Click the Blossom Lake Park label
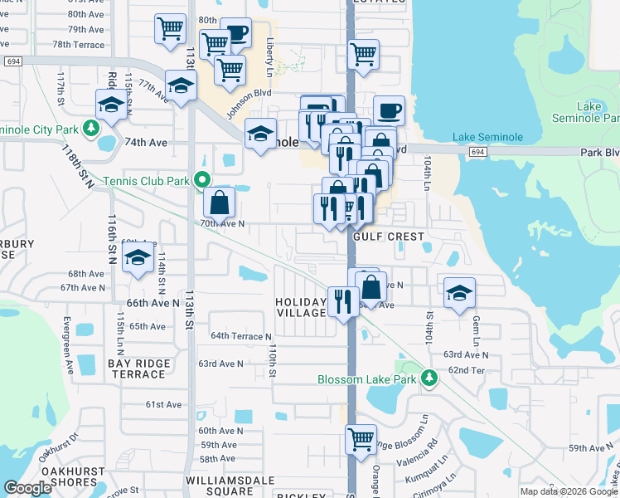click(x=369, y=379)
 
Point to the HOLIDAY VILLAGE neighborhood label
click(x=301, y=307)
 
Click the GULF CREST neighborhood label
click(x=388, y=237)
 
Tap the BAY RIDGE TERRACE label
click(x=138, y=369)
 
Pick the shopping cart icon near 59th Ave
click(x=361, y=439)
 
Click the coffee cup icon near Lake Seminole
click(x=389, y=110)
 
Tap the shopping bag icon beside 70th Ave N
click(x=220, y=202)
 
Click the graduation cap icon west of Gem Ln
click(x=459, y=292)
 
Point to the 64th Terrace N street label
click(x=241, y=336)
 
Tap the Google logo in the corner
click(x=28, y=488)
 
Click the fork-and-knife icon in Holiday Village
click(x=342, y=300)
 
